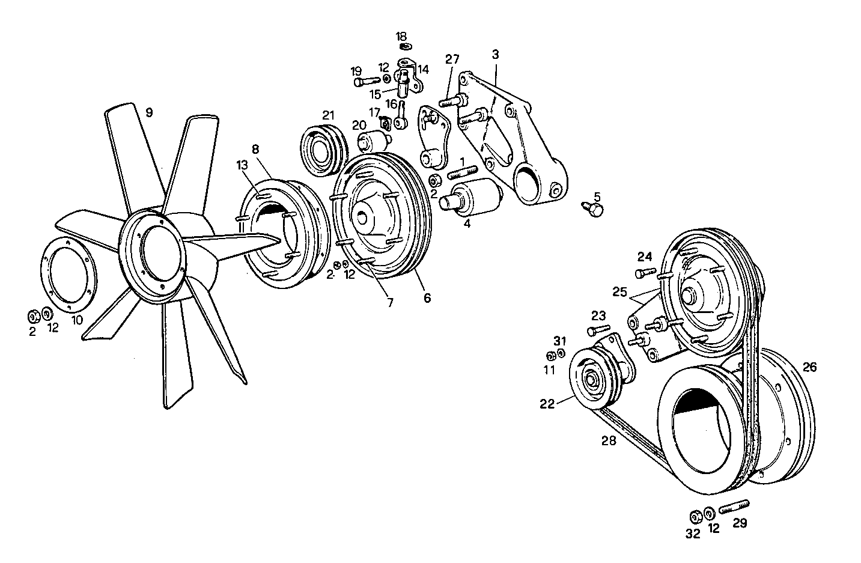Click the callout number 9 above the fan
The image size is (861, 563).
pos(149,112)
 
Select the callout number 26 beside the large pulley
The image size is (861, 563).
pos(809,367)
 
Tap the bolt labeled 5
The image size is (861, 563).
pos(594,208)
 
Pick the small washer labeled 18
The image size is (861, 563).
pos(405,46)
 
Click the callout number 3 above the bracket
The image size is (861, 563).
pos(495,54)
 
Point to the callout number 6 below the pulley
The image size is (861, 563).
pos(427,297)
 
